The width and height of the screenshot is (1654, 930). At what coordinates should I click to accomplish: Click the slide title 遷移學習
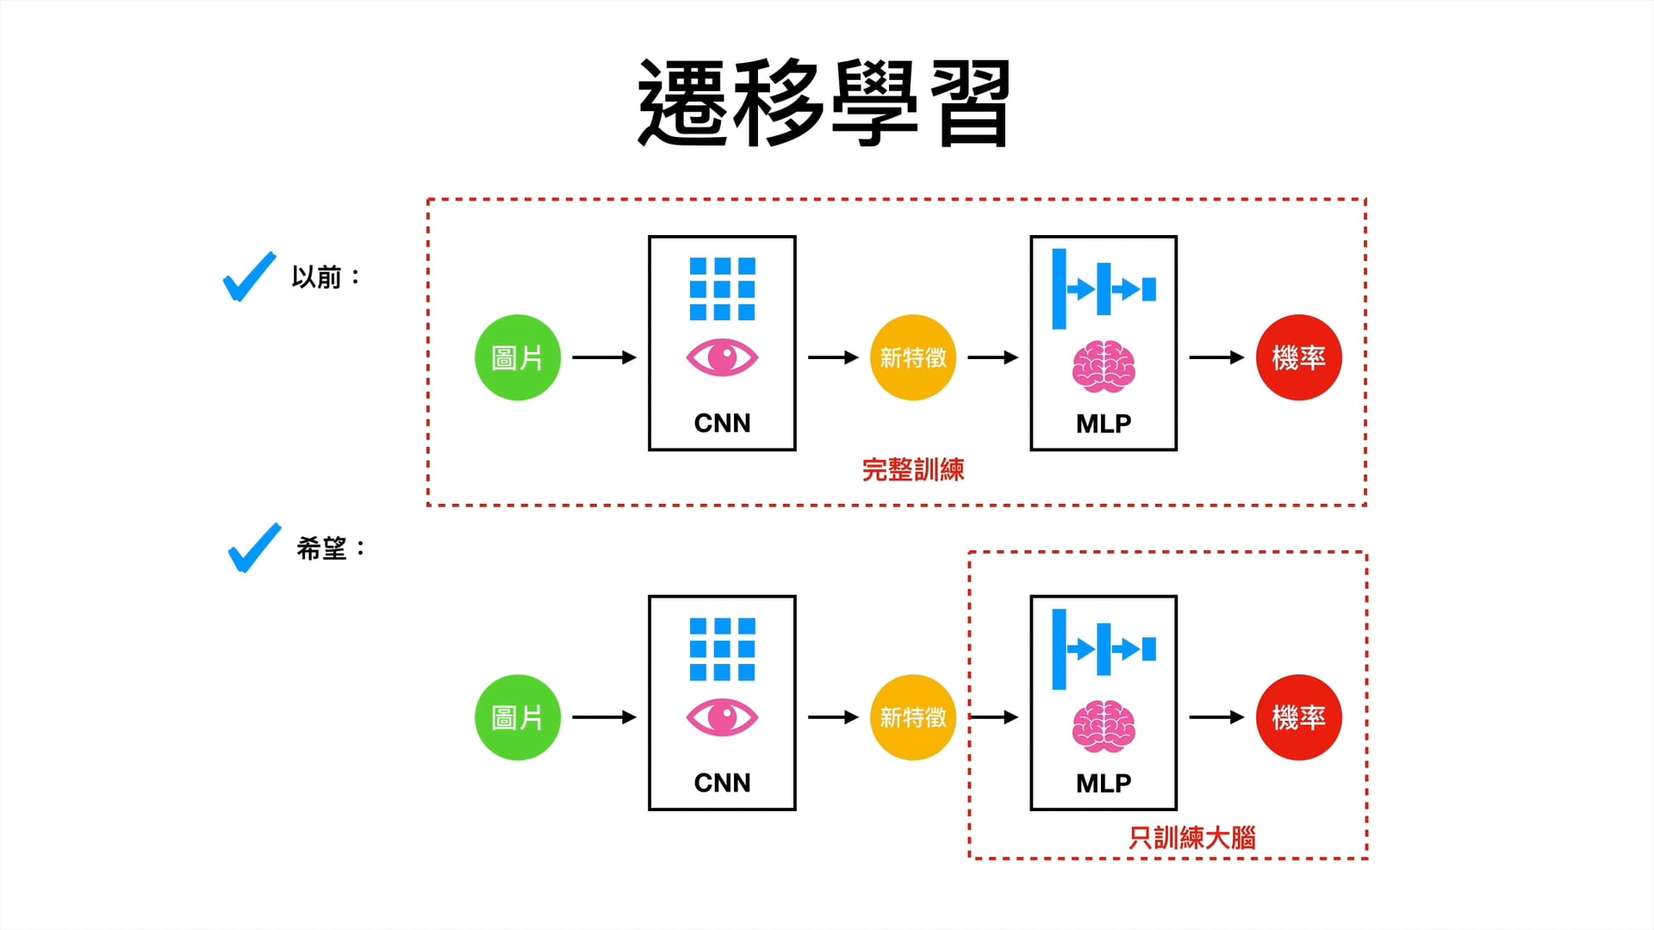point(824,103)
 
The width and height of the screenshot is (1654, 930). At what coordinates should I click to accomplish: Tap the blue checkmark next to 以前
point(249,277)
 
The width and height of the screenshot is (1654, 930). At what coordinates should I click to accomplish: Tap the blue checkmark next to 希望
point(254,548)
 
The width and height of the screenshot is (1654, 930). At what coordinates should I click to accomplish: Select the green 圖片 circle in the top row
point(518,357)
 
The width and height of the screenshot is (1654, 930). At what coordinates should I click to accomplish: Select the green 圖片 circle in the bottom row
point(518,717)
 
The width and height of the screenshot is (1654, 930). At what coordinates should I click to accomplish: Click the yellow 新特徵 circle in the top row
point(913,357)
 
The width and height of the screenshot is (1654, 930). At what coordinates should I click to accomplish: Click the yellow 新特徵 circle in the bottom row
point(913,717)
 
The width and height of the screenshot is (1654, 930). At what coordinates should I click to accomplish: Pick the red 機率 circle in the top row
point(1299,357)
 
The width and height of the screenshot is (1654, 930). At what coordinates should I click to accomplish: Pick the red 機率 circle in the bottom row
point(1299,717)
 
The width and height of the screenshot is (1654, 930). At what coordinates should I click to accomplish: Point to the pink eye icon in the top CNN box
point(722,357)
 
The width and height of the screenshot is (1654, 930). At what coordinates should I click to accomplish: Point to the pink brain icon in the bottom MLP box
point(1104,727)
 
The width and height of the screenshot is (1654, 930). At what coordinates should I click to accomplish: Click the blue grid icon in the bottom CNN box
point(722,649)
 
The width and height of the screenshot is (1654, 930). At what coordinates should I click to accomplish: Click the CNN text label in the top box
point(722,423)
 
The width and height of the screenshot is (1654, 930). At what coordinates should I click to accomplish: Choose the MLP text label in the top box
point(1104,423)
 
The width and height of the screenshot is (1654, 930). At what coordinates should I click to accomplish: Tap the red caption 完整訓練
point(913,470)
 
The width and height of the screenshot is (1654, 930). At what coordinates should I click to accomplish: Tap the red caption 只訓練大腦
point(1192,838)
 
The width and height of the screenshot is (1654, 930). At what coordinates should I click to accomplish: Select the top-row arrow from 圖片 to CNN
point(604,357)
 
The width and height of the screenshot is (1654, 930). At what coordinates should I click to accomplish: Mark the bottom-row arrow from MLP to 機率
point(1216,717)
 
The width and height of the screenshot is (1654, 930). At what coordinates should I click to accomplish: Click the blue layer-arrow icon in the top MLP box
point(1104,289)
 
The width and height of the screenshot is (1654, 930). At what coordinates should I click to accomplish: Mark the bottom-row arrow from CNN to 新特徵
point(833,717)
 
